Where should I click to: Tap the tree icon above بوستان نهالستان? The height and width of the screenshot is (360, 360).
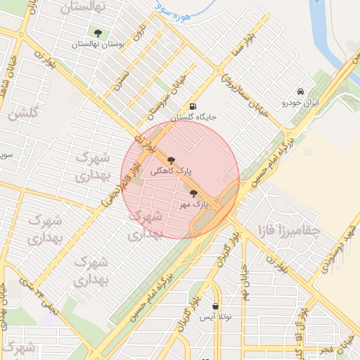(97, 33)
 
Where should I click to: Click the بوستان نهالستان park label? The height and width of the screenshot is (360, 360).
(98, 44)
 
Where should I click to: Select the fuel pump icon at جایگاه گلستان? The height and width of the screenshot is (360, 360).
(192, 107)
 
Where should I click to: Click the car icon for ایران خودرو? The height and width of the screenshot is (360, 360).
(300, 92)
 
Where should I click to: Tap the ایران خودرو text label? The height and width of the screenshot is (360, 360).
(301, 103)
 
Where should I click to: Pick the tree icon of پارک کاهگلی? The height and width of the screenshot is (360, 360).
(172, 160)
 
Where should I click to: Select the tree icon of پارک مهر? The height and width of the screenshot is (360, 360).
(193, 193)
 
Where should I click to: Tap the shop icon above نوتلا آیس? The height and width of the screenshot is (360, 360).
(214, 307)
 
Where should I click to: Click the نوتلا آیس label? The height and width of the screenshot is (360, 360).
(215, 317)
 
